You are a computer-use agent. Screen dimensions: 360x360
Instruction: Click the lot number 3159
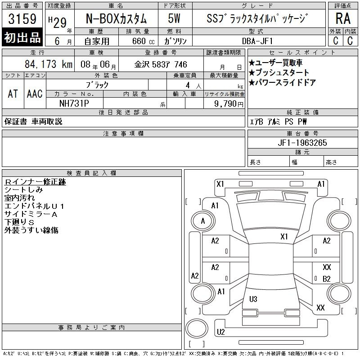(22, 19)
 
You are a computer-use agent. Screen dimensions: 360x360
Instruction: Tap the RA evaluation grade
(343, 18)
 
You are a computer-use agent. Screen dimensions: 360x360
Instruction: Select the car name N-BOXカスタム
(116, 18)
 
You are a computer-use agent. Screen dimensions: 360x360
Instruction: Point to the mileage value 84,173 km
(49, 64)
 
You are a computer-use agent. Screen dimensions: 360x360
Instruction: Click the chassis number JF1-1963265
(302, 143)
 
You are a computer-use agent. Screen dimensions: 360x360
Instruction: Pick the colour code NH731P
(74, 103)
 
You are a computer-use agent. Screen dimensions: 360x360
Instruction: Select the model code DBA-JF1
(257, 41)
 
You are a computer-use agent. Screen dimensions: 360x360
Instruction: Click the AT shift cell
(13, 94)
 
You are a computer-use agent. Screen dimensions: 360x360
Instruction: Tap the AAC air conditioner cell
(35, 94)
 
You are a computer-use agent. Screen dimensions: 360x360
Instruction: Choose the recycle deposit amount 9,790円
(229, 103)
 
